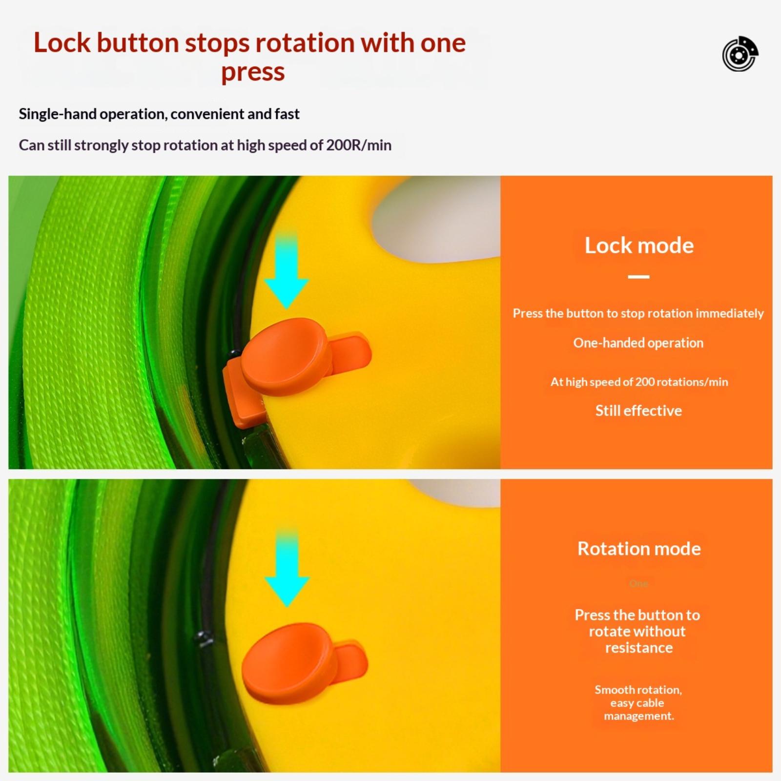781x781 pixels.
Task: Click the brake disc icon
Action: tap(740, 54)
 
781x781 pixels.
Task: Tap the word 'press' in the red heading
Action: tap(253, 72)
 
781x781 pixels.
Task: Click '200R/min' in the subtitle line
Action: tap(359, 145)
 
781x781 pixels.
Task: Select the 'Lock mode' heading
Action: tap(639, 245)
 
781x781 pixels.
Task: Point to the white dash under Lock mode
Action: tap(638, 277)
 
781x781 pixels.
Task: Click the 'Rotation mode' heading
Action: tap(639, 549)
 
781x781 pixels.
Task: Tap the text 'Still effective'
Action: tap(638, 411)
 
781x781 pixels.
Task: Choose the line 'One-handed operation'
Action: tap(638, 343)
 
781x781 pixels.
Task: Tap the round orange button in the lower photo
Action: tap(289, 662)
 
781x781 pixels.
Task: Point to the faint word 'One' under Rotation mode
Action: tap(638, 583)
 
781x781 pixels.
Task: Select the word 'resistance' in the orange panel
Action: tap(639, 648)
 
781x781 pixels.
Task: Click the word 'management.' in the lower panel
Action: tap(639, 716)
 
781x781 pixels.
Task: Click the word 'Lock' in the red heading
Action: tap(62, 42)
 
